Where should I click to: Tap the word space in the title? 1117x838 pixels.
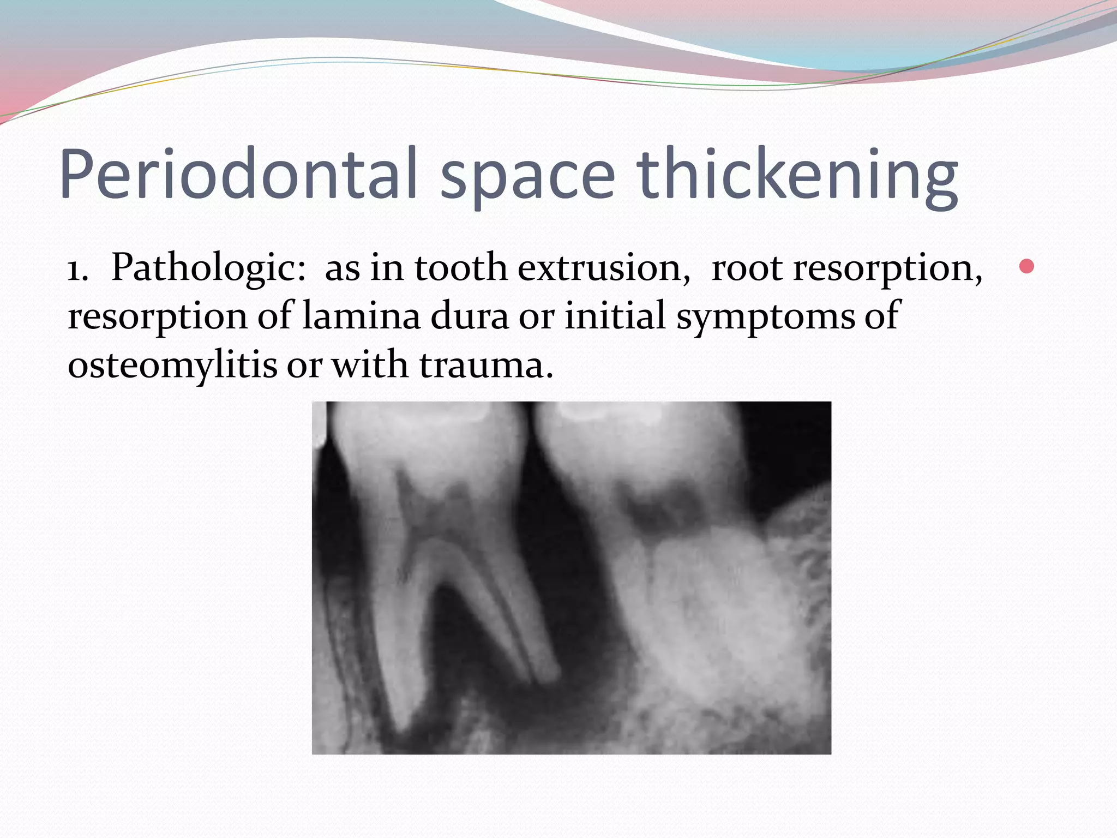click(x=527, y=177)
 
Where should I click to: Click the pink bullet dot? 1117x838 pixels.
click(x=1026, y=266)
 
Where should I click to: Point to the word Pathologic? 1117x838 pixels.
click(x=208, y=268)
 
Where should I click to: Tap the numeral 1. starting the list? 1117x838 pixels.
click(x=77, y=270)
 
